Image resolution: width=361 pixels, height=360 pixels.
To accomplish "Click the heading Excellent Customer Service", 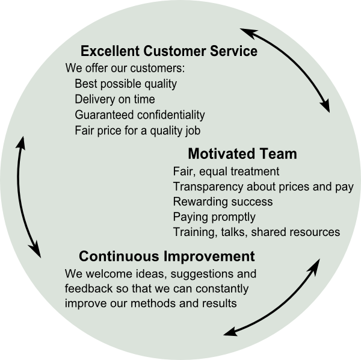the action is click(x=169, y=51).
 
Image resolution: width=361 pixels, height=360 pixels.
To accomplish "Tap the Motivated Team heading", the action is click(x=242, y=154).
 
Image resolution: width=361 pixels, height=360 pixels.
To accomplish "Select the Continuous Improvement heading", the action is click(x=167, y=256).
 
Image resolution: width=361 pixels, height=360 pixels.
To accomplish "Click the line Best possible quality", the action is click(x=126, y=84).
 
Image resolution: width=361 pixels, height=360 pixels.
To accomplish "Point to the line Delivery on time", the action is click(x=115, y=99).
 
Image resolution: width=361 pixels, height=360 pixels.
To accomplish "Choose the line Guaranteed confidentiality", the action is click(x=140, y=115).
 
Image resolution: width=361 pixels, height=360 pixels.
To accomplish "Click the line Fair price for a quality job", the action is click(x=137, y=131).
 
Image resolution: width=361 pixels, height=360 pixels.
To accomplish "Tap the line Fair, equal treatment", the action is click(x=226, y=172).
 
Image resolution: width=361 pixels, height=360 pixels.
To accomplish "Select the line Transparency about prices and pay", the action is click(x=263, y=187).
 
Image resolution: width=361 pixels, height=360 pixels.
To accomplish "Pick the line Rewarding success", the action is click(x=223, y=202).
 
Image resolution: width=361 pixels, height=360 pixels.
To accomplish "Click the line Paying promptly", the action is click(x=214, y=217).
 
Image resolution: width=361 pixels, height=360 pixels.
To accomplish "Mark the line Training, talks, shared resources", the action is click(x=256, y=232).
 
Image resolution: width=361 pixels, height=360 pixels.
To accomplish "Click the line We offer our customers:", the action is click(x=125, y=68).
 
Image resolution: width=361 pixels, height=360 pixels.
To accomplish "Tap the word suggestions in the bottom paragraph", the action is click(x=202, y=275).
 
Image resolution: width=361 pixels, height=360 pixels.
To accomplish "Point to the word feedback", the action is click(x=88, y=288).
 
